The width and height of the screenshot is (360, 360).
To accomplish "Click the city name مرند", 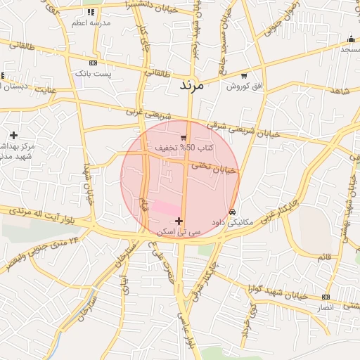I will tap(191, 86).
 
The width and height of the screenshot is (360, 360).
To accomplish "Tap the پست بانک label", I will tap(89, 73).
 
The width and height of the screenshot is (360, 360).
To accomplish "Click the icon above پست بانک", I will tap(93, 63).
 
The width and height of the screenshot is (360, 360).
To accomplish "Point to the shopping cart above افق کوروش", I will tap(244, 76).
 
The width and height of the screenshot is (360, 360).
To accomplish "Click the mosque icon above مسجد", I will tap(351, 39).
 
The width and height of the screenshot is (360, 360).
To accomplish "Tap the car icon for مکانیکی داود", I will tap(232, 212).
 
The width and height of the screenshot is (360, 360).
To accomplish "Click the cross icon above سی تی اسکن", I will tap(179, 221).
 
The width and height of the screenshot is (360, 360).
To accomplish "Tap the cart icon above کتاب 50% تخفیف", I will tap(184, 138).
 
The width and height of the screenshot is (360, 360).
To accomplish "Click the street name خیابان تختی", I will tap(217, 167).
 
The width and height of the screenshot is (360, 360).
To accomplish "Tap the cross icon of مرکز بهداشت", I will tap(13, 135).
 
